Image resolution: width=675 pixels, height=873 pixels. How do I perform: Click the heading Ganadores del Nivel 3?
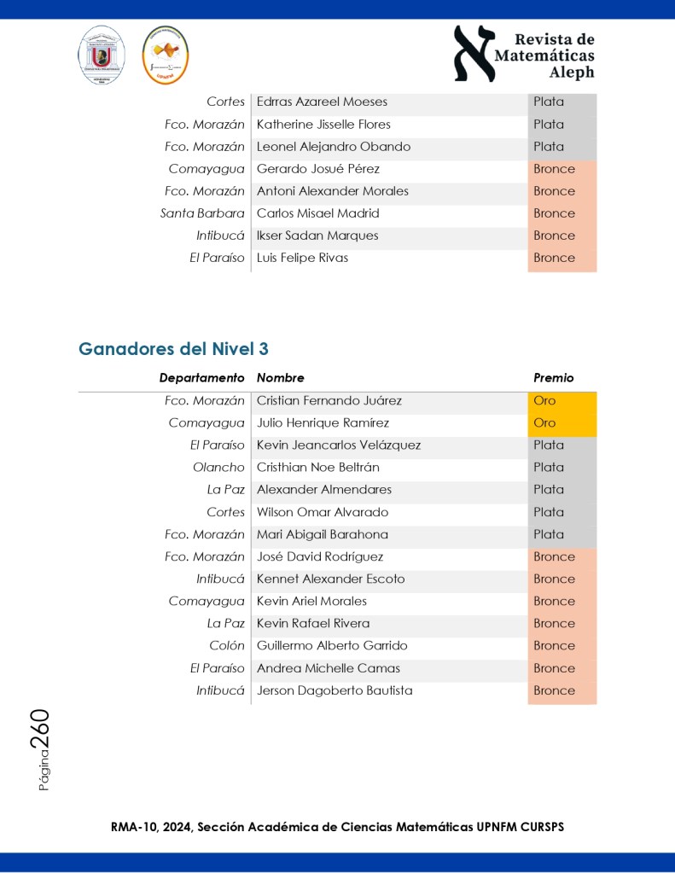[x=174, y=348]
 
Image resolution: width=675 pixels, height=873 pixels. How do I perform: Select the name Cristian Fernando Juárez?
[x=329, y=400]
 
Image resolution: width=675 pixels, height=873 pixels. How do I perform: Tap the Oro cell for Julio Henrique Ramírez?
[x=544, y=422]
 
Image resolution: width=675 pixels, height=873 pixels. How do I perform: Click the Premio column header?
[x=553, y=377]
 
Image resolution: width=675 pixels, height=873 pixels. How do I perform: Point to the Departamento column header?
[x=201, y=377]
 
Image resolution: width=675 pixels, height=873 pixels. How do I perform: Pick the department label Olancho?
[x=218, y=467]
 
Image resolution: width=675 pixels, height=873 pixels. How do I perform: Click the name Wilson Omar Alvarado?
[x=322, y=512]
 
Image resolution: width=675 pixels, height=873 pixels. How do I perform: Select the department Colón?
[x=226, y=645]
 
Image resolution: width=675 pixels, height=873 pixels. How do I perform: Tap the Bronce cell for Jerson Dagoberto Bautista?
[x=554, y=690]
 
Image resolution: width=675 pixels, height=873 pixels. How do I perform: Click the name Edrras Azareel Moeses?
[x=322, y=102]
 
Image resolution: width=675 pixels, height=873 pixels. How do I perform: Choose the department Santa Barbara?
[x=202, y=213]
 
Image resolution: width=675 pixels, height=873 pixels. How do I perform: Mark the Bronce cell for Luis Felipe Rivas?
[x=554, y=258]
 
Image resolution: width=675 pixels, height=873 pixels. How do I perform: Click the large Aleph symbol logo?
[x=474, y=53]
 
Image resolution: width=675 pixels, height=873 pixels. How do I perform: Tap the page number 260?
[x=41, y=730]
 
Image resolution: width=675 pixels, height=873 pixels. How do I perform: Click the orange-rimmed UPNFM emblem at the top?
[x=165, y=55]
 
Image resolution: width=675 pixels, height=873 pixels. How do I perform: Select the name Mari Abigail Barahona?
[x=322, y=534]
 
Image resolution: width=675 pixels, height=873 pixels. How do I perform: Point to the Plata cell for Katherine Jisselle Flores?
[x=548, y=125]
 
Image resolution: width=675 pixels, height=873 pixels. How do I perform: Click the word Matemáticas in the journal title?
[x=544, y=56]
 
